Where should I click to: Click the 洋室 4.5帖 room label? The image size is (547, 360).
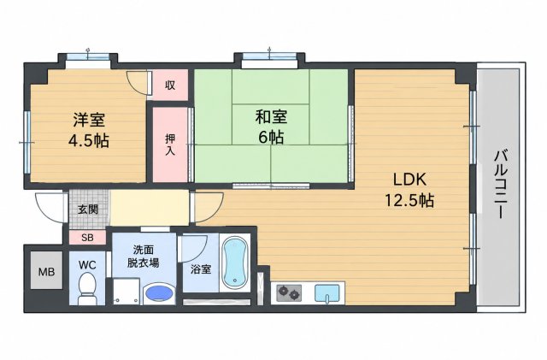(x=89, y=131)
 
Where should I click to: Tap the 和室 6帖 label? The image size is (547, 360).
(x=271, y=127)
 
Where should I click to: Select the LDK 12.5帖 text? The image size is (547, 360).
(x=409, y=191)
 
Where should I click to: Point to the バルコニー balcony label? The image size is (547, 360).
(x=500, y=184)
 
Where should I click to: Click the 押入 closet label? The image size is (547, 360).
(x=170, y=145)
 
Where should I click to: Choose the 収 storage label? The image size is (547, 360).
(x=170, y=85)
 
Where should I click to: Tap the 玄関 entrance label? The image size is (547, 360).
(x=88, y=210)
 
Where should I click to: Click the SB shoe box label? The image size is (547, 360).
(x=87, y=238)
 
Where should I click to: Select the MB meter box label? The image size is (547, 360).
(x=46, y=272)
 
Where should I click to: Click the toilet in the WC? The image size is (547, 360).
(x=87, y=288)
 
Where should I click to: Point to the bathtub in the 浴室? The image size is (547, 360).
(x=235, y=263)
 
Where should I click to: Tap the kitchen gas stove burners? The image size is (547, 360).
(x=289, y=293)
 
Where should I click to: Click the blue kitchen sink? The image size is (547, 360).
(x=326, y=293)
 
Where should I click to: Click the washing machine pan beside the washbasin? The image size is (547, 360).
(x=126, y=292)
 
